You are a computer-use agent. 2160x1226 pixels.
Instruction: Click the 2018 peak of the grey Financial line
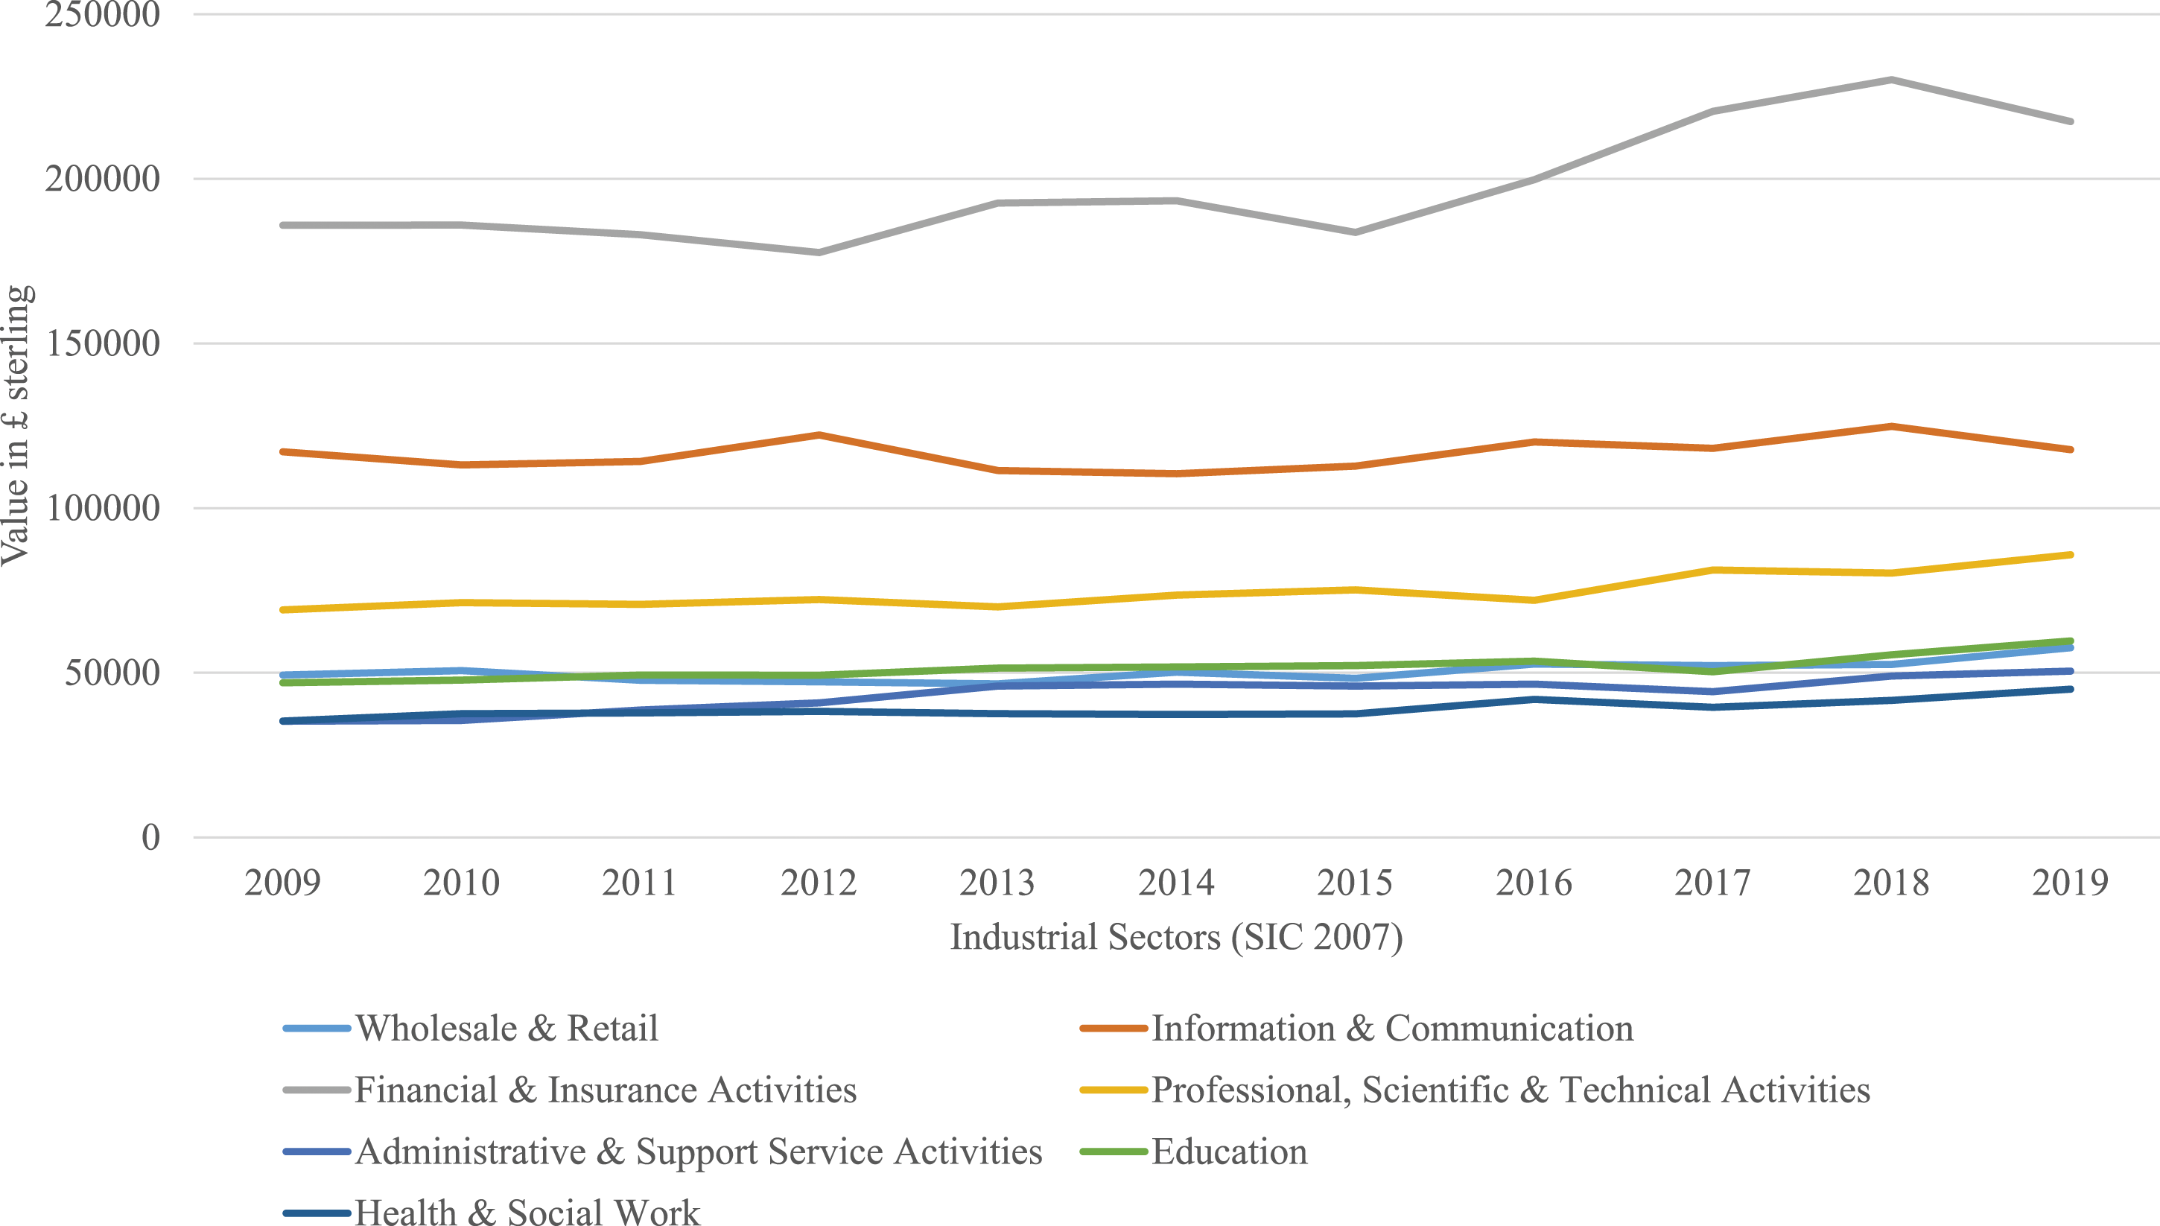pyautogui.click(x=1891, y=80)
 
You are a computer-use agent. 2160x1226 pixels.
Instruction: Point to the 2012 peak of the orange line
pyautogui.click(x=819, y=435)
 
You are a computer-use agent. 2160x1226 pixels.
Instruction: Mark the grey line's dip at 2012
pyautogui.click(x=819, y=252)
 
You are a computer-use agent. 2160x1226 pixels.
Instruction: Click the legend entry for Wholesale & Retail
pyautogui.click(x=471, y=1028)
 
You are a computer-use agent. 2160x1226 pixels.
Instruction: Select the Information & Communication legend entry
pyautogui.click(x=1357, y=1028)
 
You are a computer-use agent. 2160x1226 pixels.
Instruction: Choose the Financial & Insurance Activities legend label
pyautogui.click(x=571, y=1090)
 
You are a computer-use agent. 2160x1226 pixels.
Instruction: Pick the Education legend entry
pyautogui.click(x=1195, y=1151)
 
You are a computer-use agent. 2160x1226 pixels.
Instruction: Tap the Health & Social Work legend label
pyautogui.click(x=492, y=1211)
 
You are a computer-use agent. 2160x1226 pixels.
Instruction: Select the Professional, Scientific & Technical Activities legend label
pyautogui.click(x=1476, y=1090)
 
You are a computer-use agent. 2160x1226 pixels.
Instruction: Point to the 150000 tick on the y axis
pyautogui.click(x=103, y=343)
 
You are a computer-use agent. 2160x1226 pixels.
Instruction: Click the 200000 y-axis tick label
pyautogui.click(x=103, y=179)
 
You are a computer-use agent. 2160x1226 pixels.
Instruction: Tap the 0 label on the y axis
pyautogui.click(x=150, y=837)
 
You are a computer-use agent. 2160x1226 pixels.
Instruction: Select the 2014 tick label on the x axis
pyautogui.click(x=1176, y=883)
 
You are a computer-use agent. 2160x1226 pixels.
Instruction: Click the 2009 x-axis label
pyautogui.click(x=283, y=883)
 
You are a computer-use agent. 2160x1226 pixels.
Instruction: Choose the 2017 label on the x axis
pyautogui.click(x=1712, y=883)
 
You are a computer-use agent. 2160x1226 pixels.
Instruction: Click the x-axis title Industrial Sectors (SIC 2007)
pyautogui.click(x=1176, y=937)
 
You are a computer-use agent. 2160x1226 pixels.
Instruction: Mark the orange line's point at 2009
pyautogui.click(x=284, y=452)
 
